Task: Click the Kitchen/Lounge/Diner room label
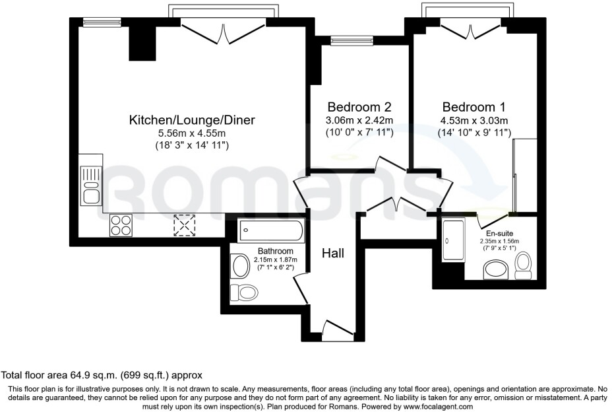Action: click(x=191, y=120)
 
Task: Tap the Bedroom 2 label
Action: click(x=360, y=107)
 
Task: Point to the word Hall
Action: click(x=333, y=253)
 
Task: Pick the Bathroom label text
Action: click(x=275, y=251)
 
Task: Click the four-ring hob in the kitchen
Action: click(x=121, y=225)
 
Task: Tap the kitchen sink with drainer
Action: click(x=90, y=184)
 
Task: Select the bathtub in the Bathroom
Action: click(x=271, y=231)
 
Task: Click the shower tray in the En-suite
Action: click(x=453, y=240)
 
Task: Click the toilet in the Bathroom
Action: click(x=244, y=291)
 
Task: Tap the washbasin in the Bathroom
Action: click(x=239, y=265)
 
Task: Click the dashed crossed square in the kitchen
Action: click(x=185, y=225)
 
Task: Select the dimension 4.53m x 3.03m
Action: click(x=474, y=120)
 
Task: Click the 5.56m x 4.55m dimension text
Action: click(x=191, y=133)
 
